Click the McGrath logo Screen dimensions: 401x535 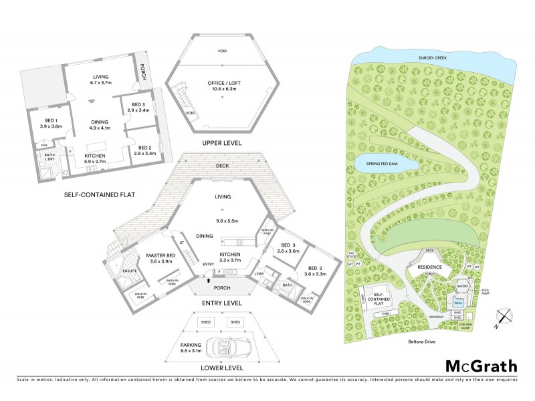[481, 366]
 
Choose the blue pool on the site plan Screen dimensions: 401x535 [459, 301]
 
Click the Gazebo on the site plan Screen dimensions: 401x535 [461, 285]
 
